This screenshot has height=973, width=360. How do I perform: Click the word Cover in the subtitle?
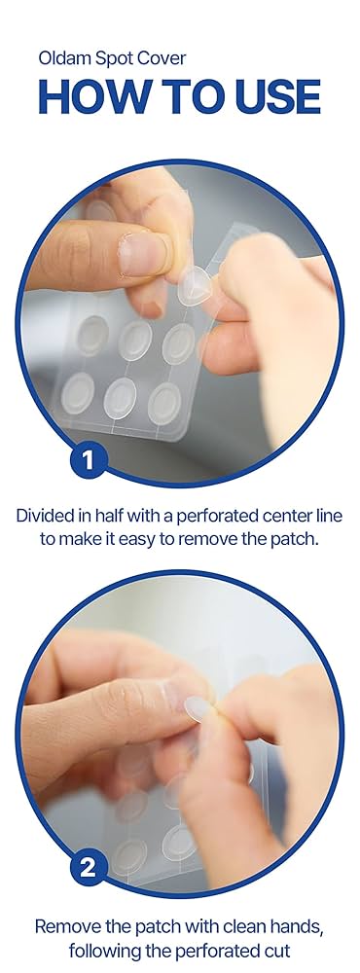163,59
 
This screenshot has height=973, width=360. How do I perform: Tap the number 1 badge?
88,461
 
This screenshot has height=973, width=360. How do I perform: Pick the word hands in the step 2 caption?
302,927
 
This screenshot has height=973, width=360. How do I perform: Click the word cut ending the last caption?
277,950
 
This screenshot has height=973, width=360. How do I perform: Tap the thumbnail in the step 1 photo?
143,253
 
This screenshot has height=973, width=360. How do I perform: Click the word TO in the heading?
178,95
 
